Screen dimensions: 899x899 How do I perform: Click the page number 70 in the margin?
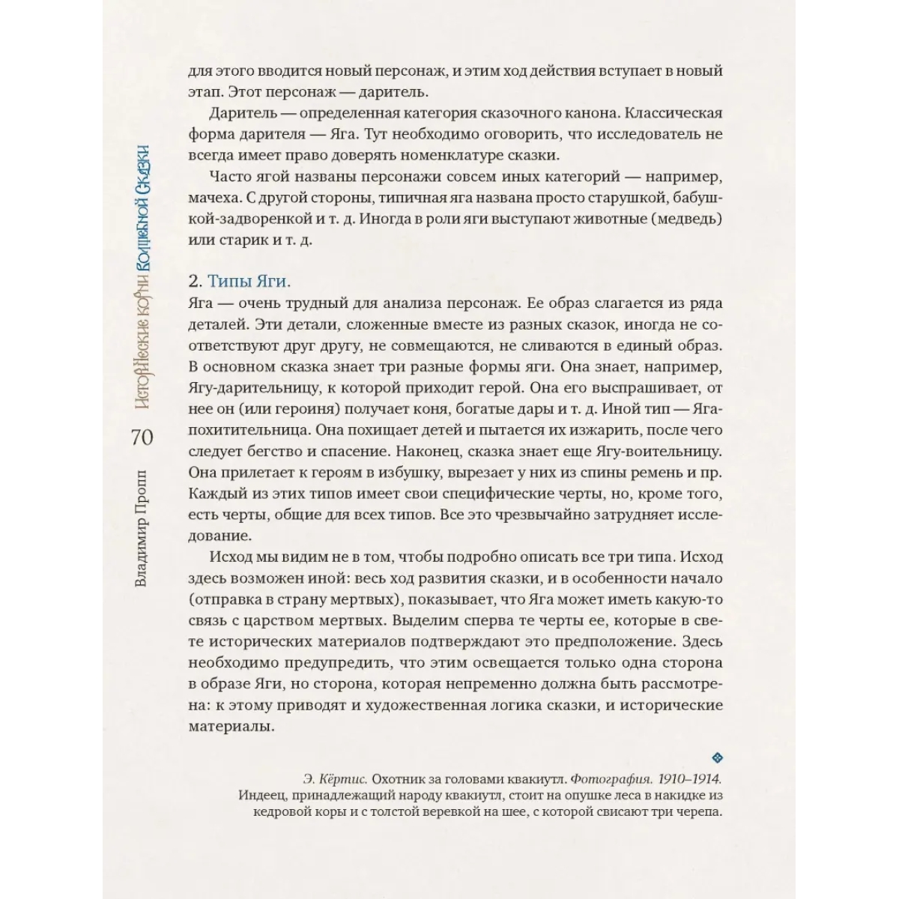point(142,438)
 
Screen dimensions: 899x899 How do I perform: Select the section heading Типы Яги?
point(246,282)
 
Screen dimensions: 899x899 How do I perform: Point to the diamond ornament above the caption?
point(715,757)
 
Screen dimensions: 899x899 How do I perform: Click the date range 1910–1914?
point(684,778)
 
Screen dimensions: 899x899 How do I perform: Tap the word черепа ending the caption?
point(693,815)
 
